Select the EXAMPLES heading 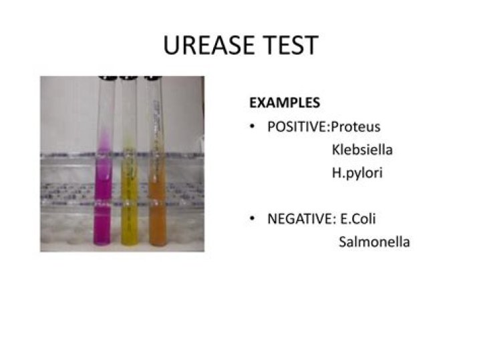(x=284, y=104)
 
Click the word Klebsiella (x=362, y=150)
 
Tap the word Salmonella (x=374, y=241)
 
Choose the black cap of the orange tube (x=154, y=77)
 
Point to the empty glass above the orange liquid (x=155, y=107)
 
